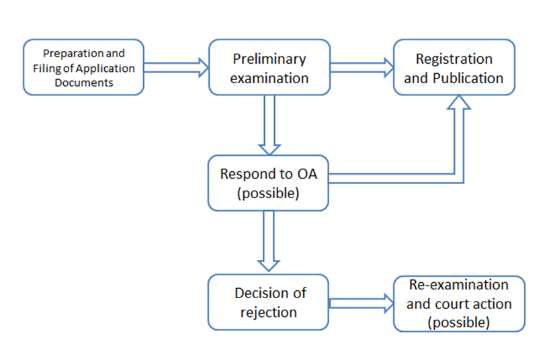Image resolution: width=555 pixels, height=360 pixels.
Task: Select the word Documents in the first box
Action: click(x=84, y=83)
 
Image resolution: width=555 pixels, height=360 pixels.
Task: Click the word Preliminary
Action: click(x=269, y=60)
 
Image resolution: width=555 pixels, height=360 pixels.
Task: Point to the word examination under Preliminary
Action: click(x=269, y=78)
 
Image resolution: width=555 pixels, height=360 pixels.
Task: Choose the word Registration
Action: click(x=454, y=60)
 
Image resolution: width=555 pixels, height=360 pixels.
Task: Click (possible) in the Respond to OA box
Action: click(x=268, y=193)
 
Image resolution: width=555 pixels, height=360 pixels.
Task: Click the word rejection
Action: click(x=269, y=313)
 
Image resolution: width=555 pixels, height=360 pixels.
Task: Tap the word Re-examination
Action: click(x=459, y=285)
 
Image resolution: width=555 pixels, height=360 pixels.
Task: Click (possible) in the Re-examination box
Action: click(x=459, y=322)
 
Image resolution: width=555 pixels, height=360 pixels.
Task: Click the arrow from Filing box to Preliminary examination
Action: click(x=176, y=67)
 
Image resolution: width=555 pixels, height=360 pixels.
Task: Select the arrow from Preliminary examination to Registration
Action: click(x=361, y=67)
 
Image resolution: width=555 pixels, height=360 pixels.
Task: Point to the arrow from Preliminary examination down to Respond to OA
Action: click(x=269, y=125)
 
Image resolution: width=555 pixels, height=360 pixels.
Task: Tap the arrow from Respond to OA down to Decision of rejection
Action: click(x=269, y=241)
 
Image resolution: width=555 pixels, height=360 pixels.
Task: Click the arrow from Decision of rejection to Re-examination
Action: click(x=361, y=304)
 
